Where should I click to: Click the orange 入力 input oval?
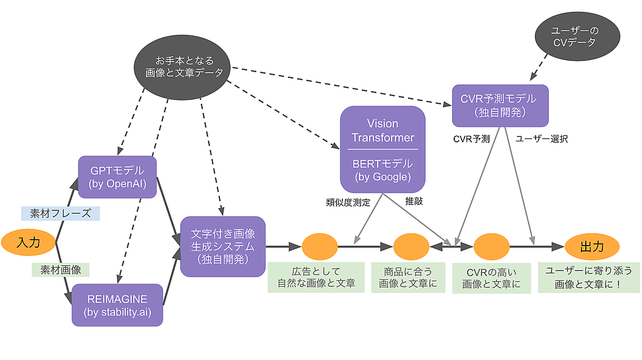pyautogui.click(x=29, y=242)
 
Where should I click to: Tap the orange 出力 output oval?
pyautogui.click(x=592, y=247)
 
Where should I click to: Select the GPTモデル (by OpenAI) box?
pyautogui.click(x=117, y=178)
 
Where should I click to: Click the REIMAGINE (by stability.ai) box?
pyautogui.click(x=117, y=304)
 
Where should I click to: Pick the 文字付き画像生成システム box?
pyautogui.click(x=223, y=246)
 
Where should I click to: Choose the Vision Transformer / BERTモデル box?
pyautogui.click(x=383, y=149)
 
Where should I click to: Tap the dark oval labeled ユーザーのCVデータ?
pyautogui.click(x=577, y=35)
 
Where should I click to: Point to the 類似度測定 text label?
pyautogui.click(x=348, y=203)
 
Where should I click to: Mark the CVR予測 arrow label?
pyautogui.click(x=471, y=139)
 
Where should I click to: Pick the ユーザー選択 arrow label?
pyautogui.click(x=541, y=139)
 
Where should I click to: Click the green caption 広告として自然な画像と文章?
pyautogui.click(x=317, y=277)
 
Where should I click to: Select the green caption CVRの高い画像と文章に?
pyautogui.click(x=492, y=278)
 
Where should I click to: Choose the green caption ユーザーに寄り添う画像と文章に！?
pyautogui.click(x=588, y=277)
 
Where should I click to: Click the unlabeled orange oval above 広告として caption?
pyautogui.click(x=319, y=247)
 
